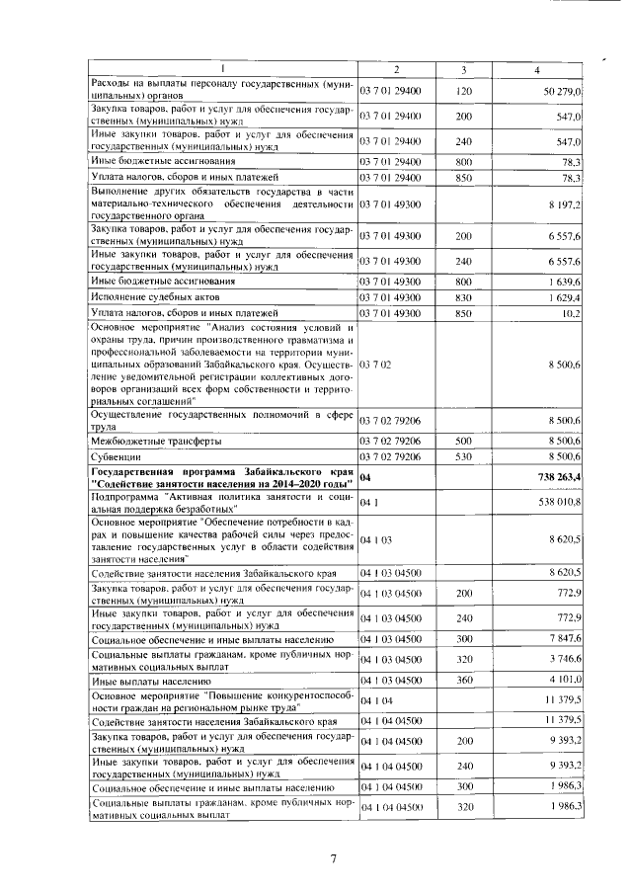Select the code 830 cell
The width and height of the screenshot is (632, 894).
click(464, 296)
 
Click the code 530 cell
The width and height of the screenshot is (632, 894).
click(464, 457)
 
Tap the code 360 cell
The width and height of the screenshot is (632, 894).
click(464, 680)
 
